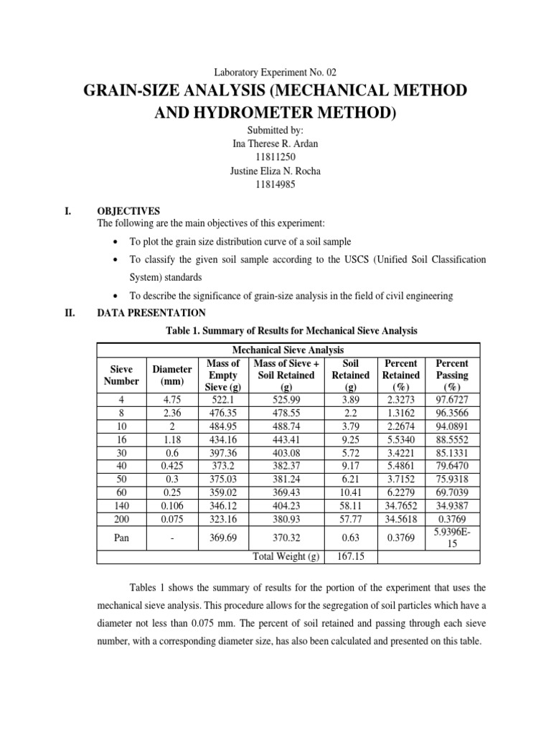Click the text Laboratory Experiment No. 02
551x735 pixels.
pos(275,72)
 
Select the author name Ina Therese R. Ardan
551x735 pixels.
pos(275,143)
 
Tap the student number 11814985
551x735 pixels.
pos(275,184)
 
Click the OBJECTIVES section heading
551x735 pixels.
pos(128,211)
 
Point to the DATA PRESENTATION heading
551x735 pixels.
pos(151,313)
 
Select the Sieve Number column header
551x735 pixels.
pos(121,375)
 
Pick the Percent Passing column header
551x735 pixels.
pos(452,375)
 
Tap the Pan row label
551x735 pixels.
pos(121,537)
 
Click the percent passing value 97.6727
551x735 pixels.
pos(452,399)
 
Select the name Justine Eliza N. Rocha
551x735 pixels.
pos(275,170)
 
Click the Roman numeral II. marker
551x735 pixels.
pos(70,313)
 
